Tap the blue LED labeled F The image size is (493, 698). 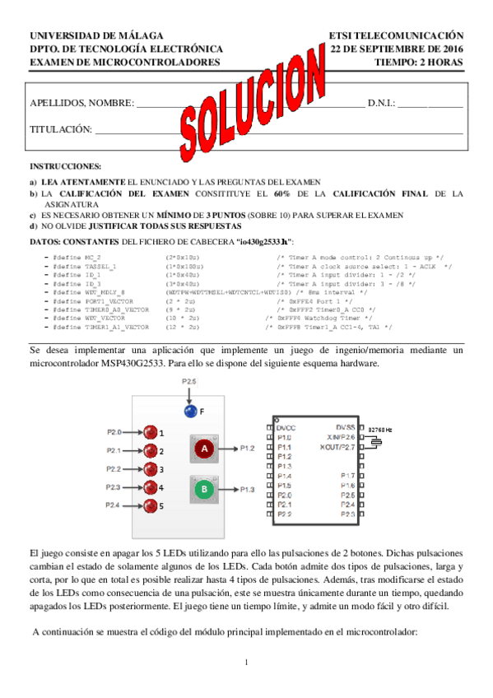pos(191,411)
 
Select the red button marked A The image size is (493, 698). pos(204,448)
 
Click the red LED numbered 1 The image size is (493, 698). pos(150,431)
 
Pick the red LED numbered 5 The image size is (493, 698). pos(150,505)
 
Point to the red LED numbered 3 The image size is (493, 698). pos(150,468)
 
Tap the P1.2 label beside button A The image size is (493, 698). pos(247,449)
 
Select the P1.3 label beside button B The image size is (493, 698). pos(247,490)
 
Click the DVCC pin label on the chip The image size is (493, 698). pos(286,428)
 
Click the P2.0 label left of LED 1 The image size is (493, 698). pos(114,431)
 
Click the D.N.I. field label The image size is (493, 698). pos(381,103)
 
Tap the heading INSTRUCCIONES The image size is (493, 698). pos(65,166)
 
